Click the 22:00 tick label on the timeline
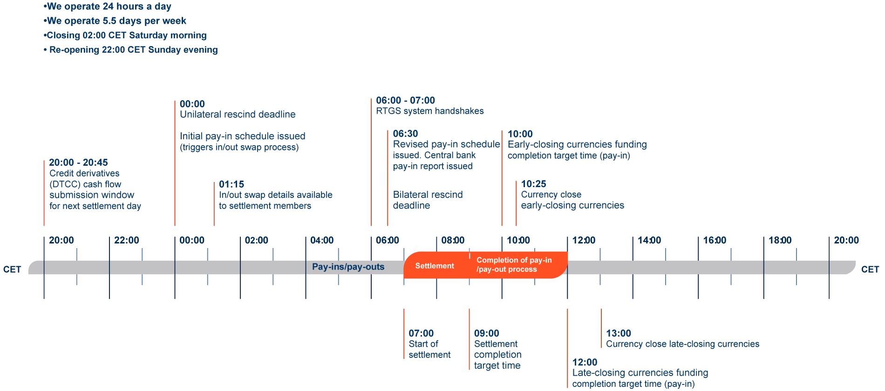tap(126, 240)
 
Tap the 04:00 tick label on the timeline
tap(322, 240)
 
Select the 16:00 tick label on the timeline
tap(715, 240)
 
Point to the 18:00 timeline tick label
tap(780, 240)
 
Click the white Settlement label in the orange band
tap(435, 266)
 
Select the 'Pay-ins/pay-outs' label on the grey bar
tap(348, 267)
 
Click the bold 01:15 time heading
tap(231, 184)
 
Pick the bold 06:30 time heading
tap(405, 134)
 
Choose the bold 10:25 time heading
tap(533, 184)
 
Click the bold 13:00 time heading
tap(618, 333)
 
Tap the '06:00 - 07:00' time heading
tap(405, 101)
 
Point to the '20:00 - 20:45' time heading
tap(78, 162)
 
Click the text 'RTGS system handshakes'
tap(429, 111)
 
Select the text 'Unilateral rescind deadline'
tap(238, 115)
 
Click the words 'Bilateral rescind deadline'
tap(428, 200)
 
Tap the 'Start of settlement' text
tap(429, 349)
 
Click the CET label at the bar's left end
tap(12, 270)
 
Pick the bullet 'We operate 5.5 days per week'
tap(116, 21)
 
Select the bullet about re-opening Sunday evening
tap(133, 50)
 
